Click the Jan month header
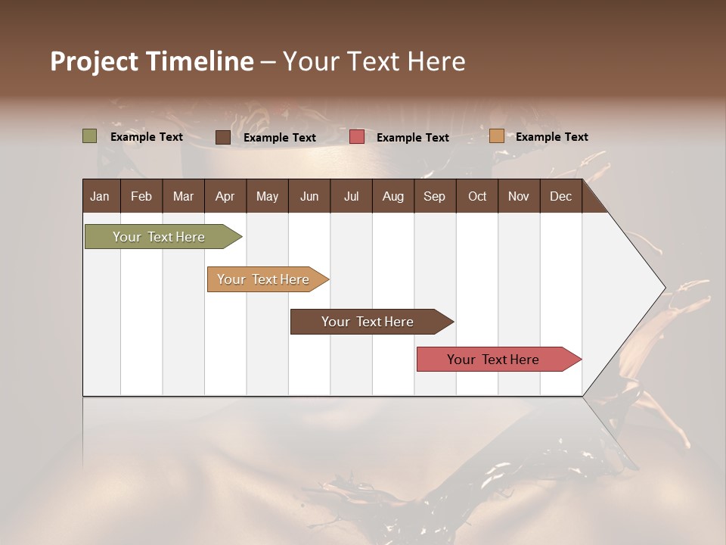click(x=100, y=196)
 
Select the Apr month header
click(x=225, y=196)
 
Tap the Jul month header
click(x=351, y=196)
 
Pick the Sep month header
click(x=434, y=196)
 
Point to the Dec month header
click(x=560, y=196)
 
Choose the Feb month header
click(x=141, y=196)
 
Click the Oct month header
click(x=477, y=196)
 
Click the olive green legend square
click(x=90, y=136)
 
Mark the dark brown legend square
click(x=223, y=137)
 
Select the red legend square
click(x=357, y=137)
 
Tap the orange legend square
click(x=497, y=136)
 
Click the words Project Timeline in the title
click(x=151, y=61)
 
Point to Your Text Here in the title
click(x=374, y=61)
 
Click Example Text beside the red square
click(x=412, y=138)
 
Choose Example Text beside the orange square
click(x=551, y=137)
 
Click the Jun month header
click(x=309, y=196)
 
